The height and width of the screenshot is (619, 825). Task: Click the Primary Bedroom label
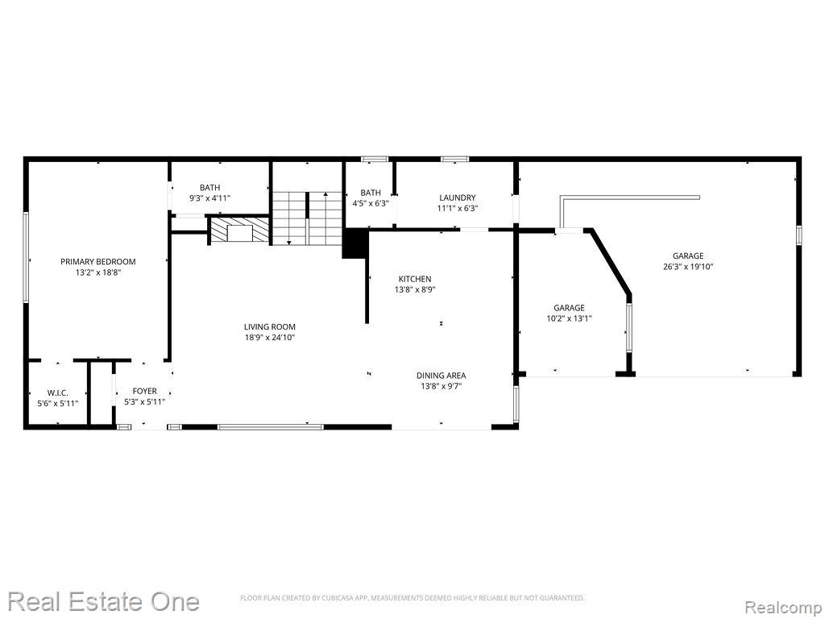coord(97,262)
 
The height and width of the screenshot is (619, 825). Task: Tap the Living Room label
coord(269,327)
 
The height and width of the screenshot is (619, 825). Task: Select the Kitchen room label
coord(415,279)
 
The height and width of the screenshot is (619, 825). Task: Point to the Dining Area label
coord(441,376)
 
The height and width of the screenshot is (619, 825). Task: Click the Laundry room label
coord(458,198)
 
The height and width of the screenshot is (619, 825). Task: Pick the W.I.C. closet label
coord(58,393)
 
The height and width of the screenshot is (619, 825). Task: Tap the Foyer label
coord(144,391)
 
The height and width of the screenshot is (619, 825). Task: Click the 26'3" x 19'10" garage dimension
coord(688,266)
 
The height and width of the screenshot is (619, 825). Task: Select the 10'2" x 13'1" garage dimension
coord(570,318)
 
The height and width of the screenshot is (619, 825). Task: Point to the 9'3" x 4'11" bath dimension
coord(210,198)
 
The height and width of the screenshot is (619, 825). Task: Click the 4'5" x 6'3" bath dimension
coord(371,203)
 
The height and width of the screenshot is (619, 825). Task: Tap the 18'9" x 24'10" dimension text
coord(269,338)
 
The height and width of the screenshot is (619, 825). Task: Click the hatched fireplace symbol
coord(240,230)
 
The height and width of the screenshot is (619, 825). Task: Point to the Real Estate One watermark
coord(104,601)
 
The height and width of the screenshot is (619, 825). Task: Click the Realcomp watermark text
coord(784,607)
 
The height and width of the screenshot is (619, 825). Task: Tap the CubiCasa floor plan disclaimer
coord(412,598)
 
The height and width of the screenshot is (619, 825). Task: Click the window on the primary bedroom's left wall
coord(25,257)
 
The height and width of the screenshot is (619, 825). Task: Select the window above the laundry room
coord(454,159)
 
